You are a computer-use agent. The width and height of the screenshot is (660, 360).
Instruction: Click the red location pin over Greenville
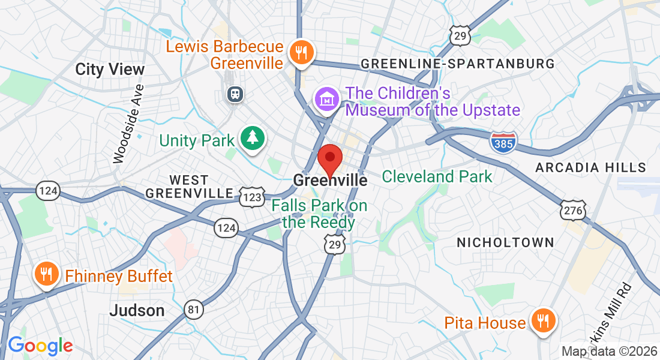(x=329, y=158)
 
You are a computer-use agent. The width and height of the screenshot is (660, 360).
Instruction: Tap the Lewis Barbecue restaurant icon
(x=298, y=52)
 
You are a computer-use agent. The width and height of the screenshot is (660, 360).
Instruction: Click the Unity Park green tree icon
(x=253, y=139)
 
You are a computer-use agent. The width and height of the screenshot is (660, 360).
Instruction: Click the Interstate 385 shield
(x=503, y=142)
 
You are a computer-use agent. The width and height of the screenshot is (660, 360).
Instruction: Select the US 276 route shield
(x=573, y=210)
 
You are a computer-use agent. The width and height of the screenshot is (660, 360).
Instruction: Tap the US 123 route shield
(x=252, y=196)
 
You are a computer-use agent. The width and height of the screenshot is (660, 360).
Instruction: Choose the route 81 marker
(x=194, y=308)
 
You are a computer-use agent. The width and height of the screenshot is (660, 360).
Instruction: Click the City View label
(x=110, y=69)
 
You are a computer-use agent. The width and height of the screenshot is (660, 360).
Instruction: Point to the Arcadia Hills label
(x=590, y=167)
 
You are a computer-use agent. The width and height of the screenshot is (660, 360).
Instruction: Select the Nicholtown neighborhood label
(x=505, y=242)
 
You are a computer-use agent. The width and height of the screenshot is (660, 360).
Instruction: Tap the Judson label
(x=137, y=310)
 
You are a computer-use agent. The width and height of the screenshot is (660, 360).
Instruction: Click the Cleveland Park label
(x=437, y=176)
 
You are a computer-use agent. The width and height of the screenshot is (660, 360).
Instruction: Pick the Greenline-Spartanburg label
(x=457, y=64)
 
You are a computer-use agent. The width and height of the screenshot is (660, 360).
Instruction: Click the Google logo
(x=40, y=346)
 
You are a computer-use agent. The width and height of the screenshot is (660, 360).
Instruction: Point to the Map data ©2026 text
(x=608, y=351)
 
